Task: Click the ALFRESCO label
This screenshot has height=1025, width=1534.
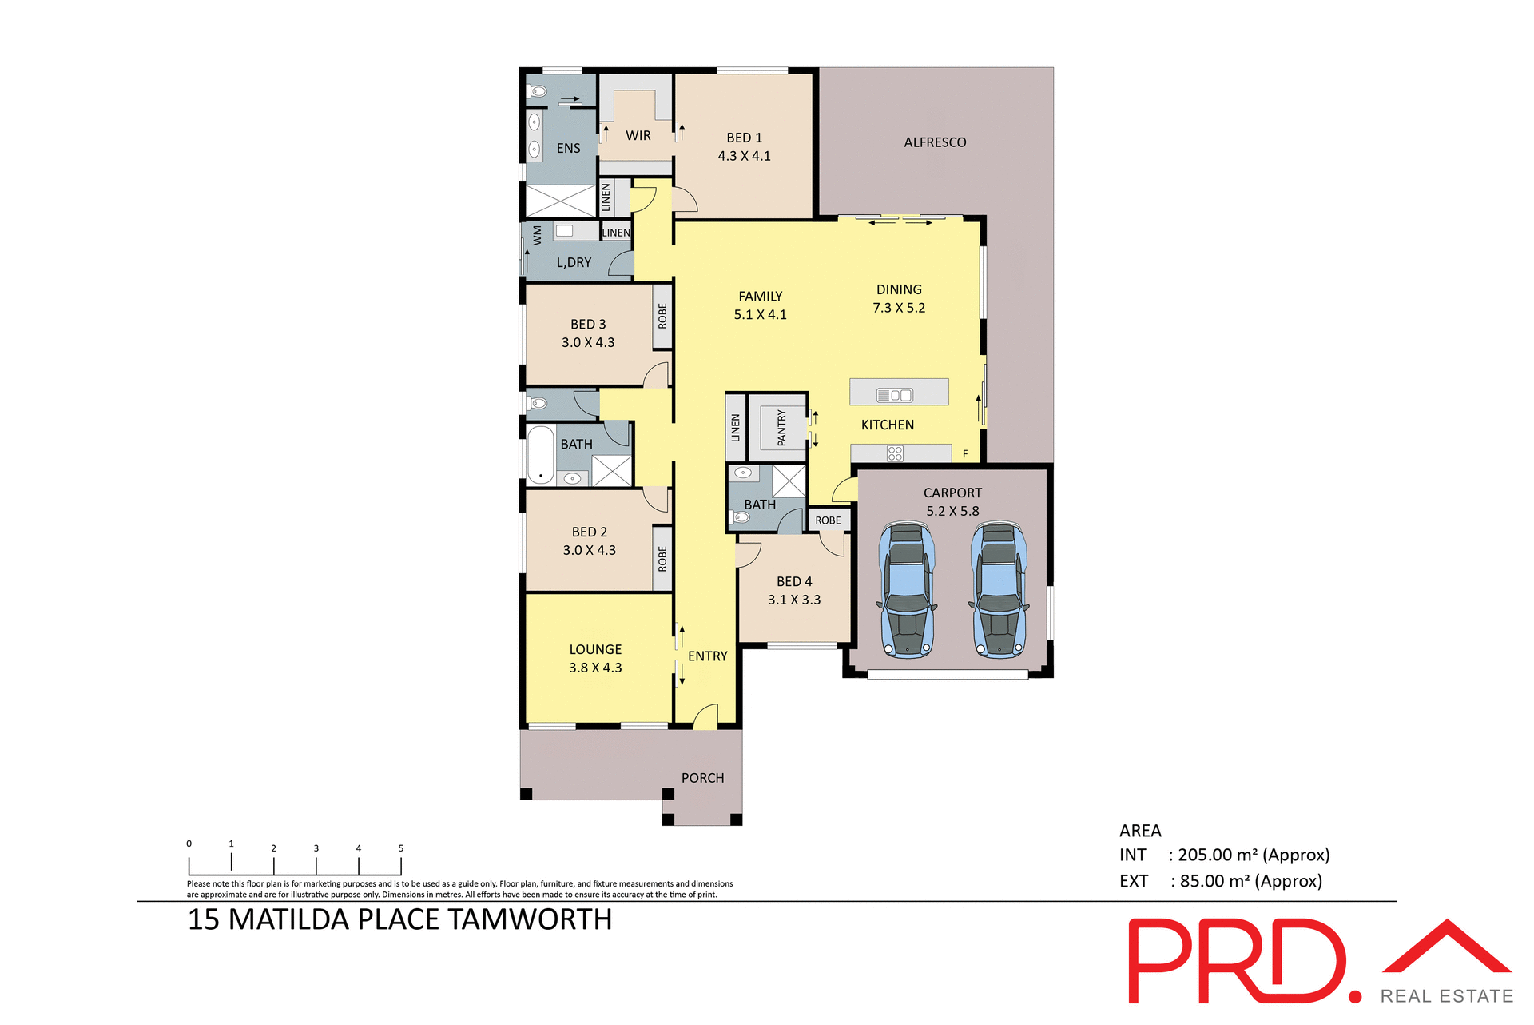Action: pyautogui.click(x=935, y=142)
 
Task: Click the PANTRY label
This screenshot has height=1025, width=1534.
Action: pyautogui.click(x=781, y=428)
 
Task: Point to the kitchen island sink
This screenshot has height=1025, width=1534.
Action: pyautogui.click(x=894, y=395)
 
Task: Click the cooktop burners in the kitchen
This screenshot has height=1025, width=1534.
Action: pyautogui.click(x=895, y=453)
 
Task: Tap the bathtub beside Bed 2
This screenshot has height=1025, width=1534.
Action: pyautogui.click(x=541, y=455)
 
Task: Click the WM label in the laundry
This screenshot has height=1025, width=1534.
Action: pyautogui.click(x=537, y=235)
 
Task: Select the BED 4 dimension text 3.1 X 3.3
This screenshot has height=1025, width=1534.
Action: pyautogui.click(x=794, y=600)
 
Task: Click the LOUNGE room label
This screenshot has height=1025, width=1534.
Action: pyautogui.click(x=595, y=649)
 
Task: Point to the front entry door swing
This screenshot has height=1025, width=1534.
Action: pyautogui.click(x=705, y=716)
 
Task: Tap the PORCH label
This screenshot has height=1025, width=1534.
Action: pyautogui.click(x=702, y=778)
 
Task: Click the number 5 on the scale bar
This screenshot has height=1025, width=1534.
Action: pyautogui.click(x=401, y=848)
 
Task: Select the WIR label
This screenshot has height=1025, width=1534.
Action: pyautogui.click(x=638, y=136)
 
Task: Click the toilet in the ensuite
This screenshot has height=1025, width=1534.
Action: pyautogui.click(x=537, y=92)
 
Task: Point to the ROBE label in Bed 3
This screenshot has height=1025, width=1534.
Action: pyautogui.click(x=662, y=316)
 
